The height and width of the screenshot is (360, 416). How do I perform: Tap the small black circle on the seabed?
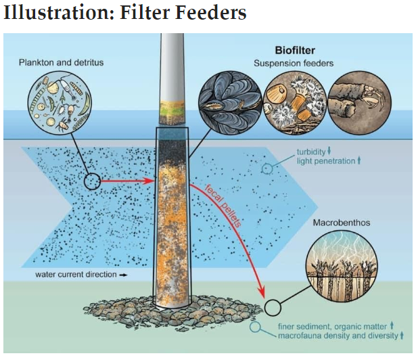[272, 308]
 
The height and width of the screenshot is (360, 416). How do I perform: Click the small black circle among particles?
[92, 181]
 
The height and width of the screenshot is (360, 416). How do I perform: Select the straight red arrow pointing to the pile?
[129, 181]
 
